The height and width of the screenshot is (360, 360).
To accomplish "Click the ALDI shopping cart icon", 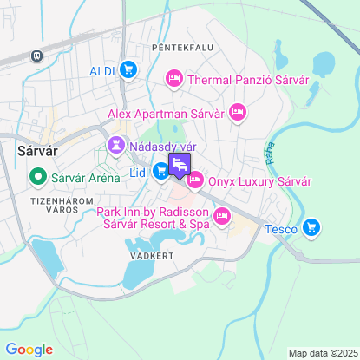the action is tap(128, 70).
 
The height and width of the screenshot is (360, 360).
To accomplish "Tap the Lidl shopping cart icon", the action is tap(161, 173).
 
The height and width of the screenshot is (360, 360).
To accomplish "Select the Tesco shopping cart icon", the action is tap(312, 229).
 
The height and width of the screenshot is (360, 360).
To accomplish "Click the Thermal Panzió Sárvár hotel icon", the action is tap(173, 81).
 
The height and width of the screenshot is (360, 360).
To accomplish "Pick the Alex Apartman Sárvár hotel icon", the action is tap(239, 113).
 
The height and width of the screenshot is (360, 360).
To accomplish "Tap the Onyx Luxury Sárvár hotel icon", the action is tap(194, 181).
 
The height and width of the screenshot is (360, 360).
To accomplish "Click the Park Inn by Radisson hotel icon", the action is tap(222, 216).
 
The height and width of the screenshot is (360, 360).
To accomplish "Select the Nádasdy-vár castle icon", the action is tap(115, 146).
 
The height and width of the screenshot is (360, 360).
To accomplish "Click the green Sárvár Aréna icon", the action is tap(37, 180).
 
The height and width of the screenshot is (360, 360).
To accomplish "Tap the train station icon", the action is tap(36, 56).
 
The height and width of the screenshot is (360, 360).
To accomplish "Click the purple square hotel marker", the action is tap(180, 166).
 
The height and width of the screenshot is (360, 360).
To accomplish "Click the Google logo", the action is tap(29, 349).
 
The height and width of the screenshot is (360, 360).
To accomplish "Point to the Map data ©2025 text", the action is tap(322, 353).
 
